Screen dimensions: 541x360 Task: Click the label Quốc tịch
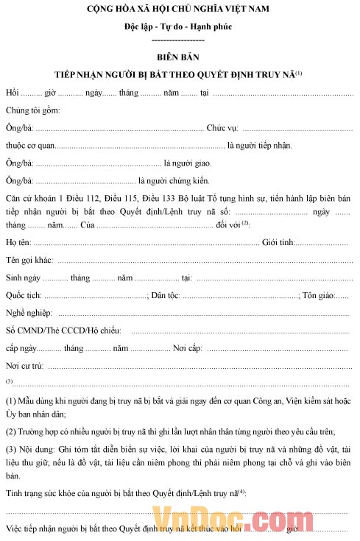24,296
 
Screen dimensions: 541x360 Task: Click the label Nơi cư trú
24,366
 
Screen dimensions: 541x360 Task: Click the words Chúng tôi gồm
32,110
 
